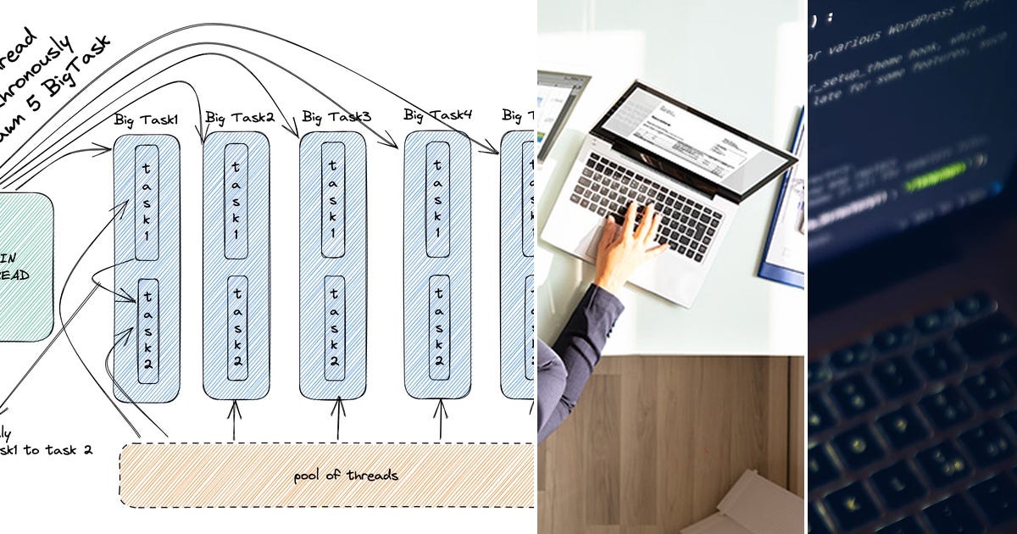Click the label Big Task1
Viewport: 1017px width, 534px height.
click(x=146, y=120)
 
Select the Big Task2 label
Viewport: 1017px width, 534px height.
click(x=240, y=117)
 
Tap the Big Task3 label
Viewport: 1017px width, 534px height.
click(x=336, y=116)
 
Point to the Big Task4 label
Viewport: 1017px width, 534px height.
click(x=437, y=114)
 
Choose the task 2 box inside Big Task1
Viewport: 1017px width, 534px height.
click(x=147, y=331)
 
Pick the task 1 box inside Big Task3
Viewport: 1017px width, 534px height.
click(x=333, y=200)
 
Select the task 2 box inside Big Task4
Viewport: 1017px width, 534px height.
click(x=438, y=326)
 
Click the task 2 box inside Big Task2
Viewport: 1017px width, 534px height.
click(x=237, y=326)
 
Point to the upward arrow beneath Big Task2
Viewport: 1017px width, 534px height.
click(x=235, y=419)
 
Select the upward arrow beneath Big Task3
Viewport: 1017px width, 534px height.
click(x=338, y=419)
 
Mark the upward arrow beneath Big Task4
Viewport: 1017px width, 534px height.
click(x=440, y=419)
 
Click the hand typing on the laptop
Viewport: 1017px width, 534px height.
click(x=628, y=242)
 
